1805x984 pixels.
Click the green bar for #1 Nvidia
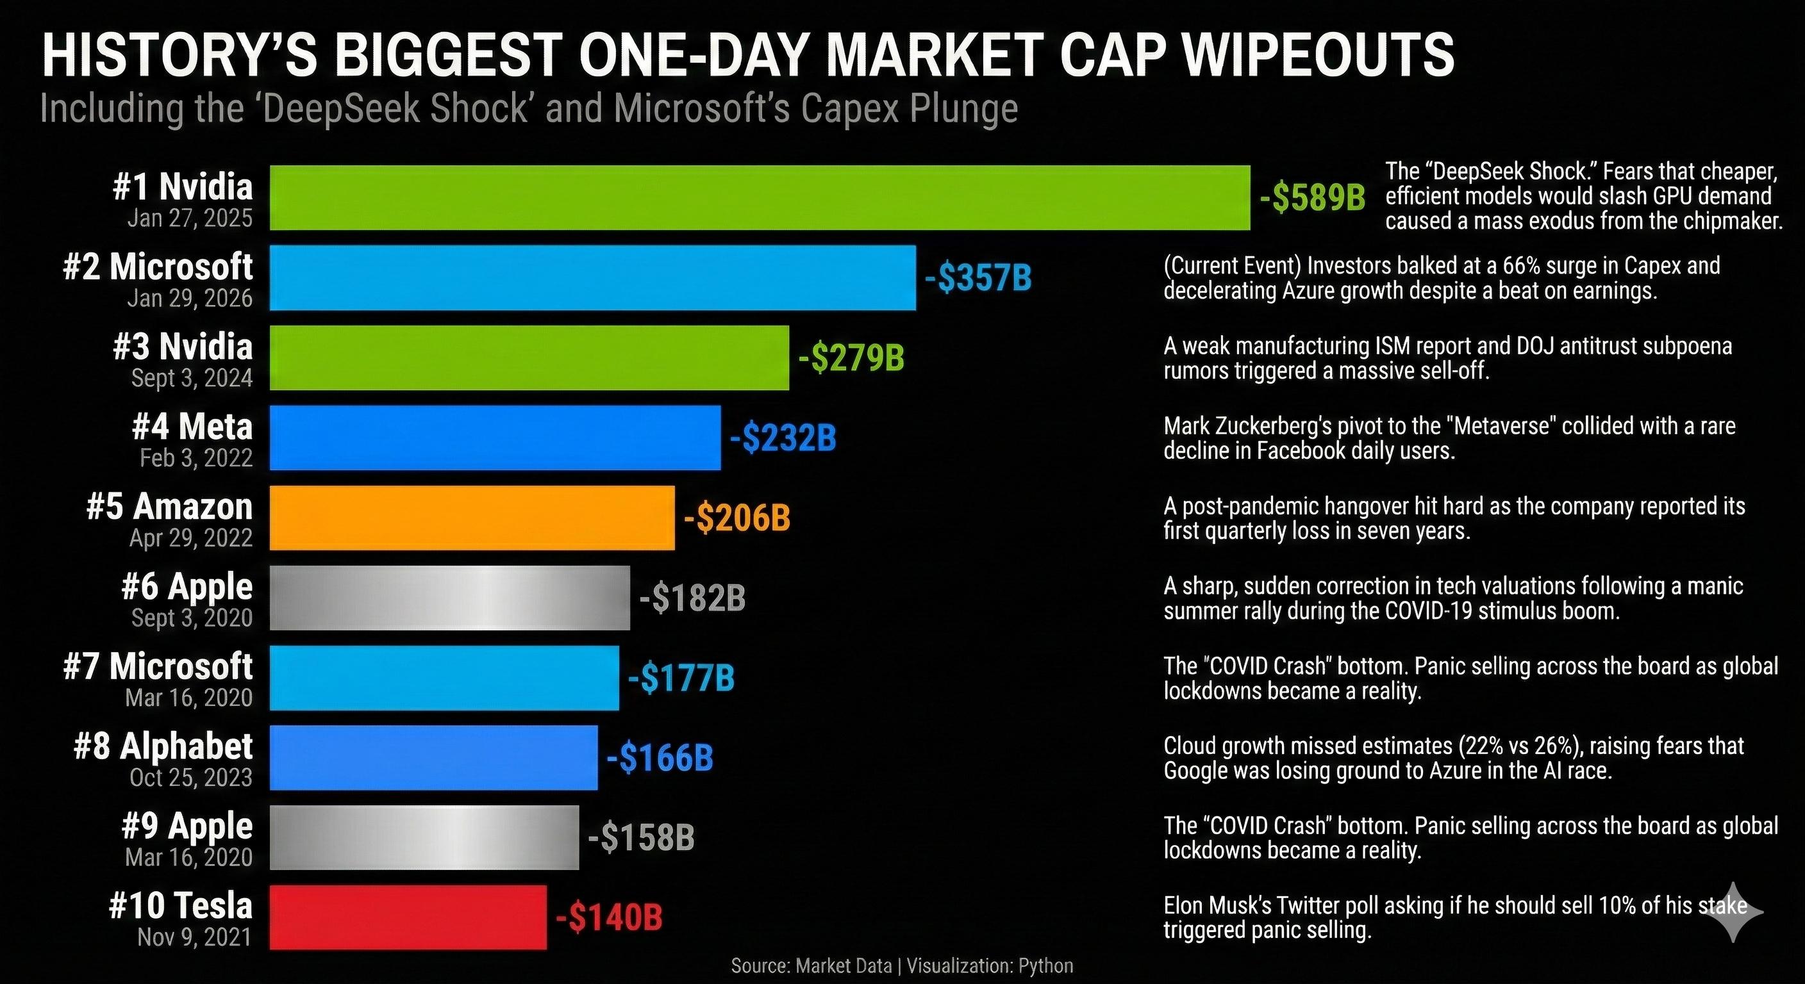(x=760, y=197)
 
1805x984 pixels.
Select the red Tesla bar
(x=408, y=917)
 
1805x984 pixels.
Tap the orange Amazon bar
(x=472, y=518)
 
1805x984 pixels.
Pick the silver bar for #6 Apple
(x=449, y=598)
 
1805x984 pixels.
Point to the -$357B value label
(x=978, y=278)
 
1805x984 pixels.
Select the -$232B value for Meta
(x=783, y=438)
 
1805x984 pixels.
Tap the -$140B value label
(x=609, y=917)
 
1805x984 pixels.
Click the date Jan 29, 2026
(x=190, y=299)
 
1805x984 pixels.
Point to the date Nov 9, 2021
(x=194, y=937)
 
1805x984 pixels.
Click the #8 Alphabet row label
(x=163, y=746)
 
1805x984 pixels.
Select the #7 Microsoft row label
(x=158, y=666)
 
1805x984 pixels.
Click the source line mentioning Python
(x=902, y=966)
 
